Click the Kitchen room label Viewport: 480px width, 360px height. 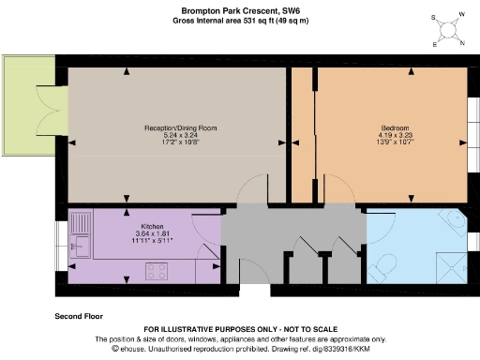153,227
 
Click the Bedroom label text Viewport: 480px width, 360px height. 394,127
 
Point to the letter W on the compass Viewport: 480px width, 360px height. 459,15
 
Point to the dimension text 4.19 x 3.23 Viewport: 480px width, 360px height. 394,134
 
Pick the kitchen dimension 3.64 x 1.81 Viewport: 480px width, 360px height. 153,234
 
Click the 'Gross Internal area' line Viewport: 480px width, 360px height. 239,20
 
